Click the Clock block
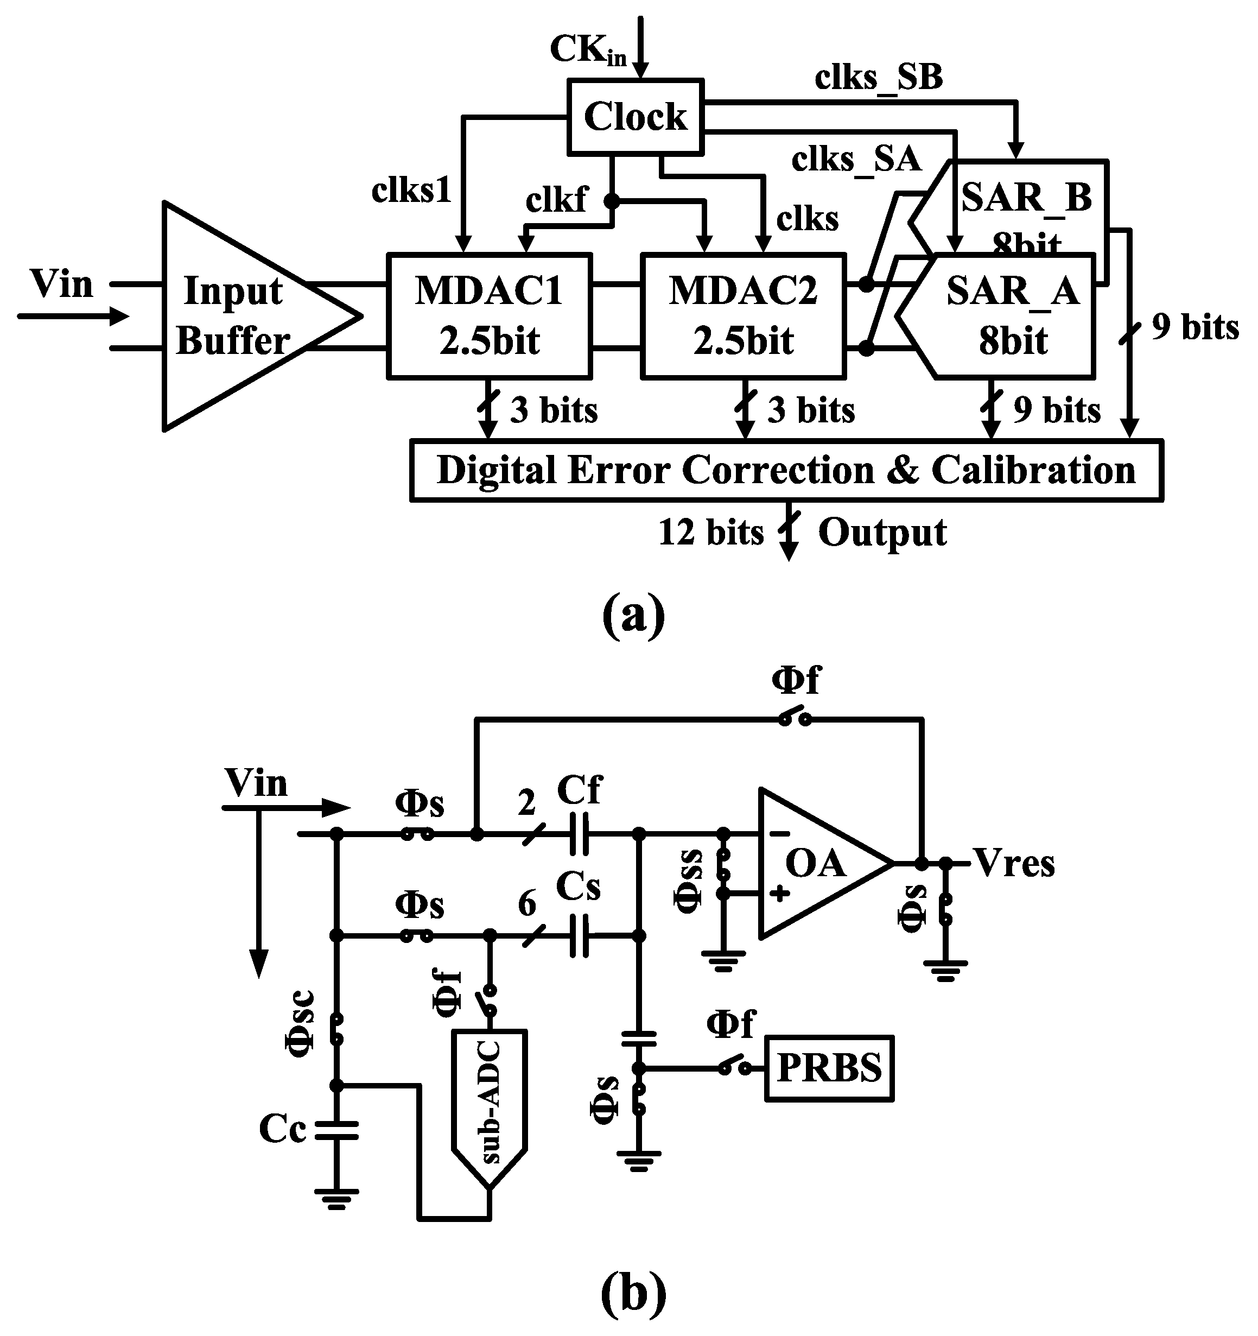tap(635, 117)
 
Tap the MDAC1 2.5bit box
tap(488, 316)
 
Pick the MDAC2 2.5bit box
tap(742, 316)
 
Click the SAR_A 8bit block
tap(1012, 316)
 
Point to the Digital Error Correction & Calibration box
tap(786, 471)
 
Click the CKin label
tap(588, 50)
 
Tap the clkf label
tap(556, 200)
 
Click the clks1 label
tap(411, 191)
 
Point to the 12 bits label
tap(711, 533)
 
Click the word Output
tap(882, 533)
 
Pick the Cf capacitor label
tap(579, 790)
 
